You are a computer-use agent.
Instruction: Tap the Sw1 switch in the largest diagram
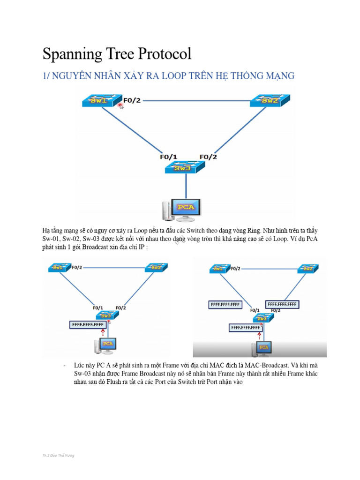(x=99, y=101)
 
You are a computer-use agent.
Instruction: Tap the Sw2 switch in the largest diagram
(x=270, y=101)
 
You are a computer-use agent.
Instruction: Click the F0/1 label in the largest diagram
(x=169, y=157)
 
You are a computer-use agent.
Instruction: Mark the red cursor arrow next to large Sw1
(x=121, y=106)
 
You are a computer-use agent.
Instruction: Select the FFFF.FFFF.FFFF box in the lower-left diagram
(x=87, y=324)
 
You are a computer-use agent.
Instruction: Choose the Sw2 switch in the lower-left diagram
(x=155, y=268)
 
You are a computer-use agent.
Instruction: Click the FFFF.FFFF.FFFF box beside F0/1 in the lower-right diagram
(x=225, y=305)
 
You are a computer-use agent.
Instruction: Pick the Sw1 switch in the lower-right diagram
(x=218, y=269)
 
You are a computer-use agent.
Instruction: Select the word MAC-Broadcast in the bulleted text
(x=269, y=364)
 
